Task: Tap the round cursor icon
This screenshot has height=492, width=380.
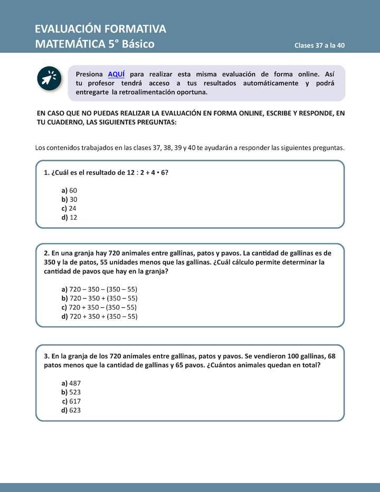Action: [50, 79]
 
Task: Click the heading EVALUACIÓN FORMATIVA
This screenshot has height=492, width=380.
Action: [100, 29]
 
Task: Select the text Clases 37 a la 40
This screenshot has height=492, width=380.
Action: [319, 45]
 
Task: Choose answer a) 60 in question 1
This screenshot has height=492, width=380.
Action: [70, 190]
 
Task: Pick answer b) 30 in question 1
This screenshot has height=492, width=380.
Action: [70, 199]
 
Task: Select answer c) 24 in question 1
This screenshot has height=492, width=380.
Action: [70, 208]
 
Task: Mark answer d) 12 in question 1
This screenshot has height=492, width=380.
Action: [70, 217]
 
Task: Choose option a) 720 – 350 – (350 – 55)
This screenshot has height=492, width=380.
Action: [100, 289]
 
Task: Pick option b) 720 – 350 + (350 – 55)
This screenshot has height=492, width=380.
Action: [100, 298]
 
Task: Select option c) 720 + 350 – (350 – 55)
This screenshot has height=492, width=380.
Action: [100, 307]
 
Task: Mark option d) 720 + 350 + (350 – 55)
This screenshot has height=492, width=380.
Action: [100, 316]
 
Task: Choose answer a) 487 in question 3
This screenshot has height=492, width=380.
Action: [71, 383]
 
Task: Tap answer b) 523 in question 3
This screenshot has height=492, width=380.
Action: [71, 392]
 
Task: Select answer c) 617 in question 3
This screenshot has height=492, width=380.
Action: [72, 401]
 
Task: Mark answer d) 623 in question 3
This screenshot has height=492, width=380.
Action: [71, 410]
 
